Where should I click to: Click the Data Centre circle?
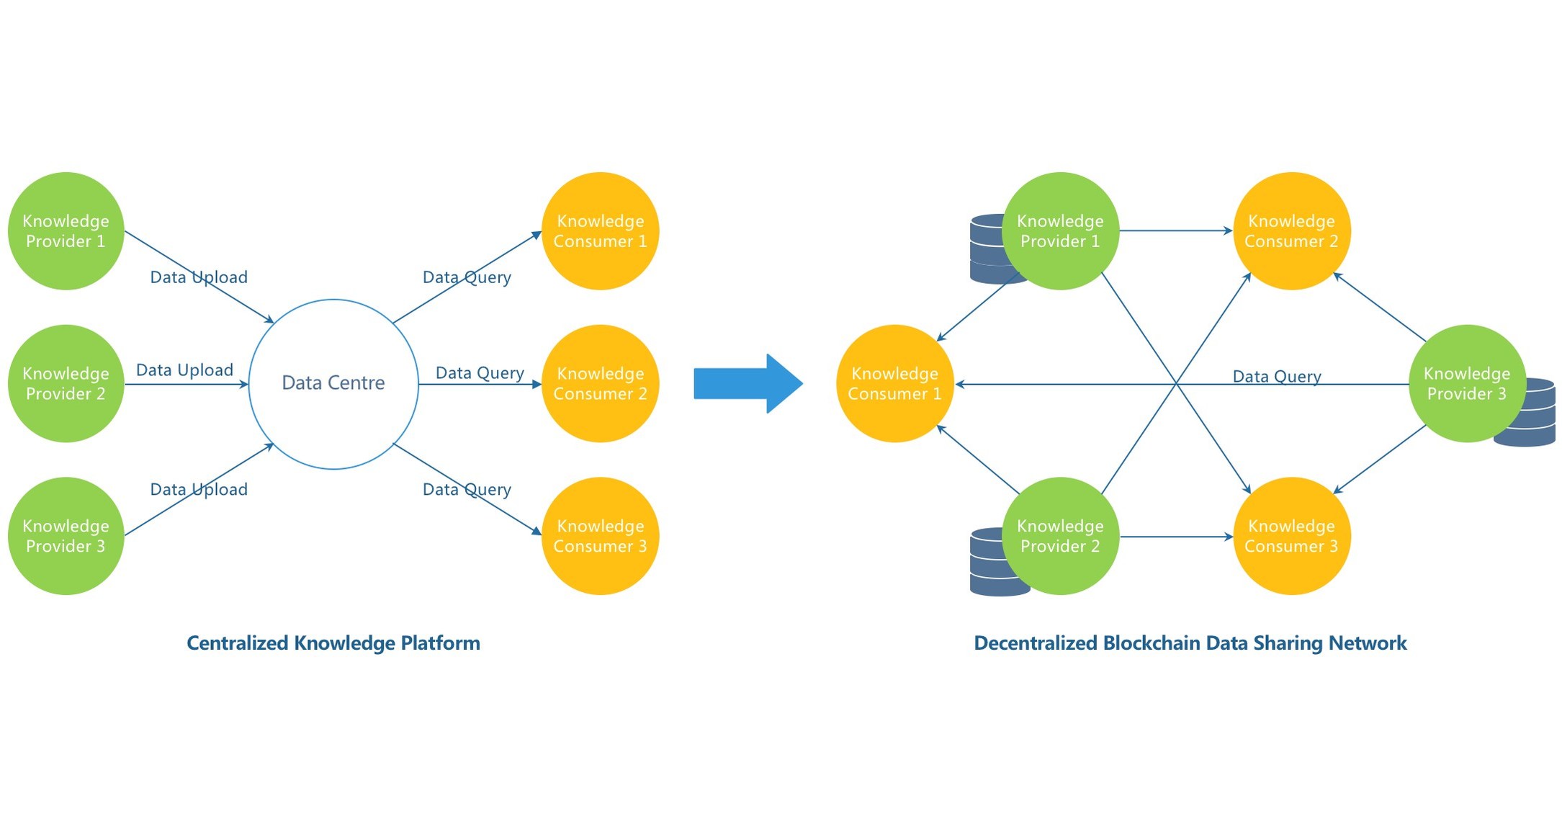pos(333,384)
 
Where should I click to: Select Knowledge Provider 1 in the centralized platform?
pos(66,231)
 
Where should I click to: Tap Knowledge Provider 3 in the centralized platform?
pos(66,536)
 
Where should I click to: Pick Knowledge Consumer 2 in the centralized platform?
pos(600,384)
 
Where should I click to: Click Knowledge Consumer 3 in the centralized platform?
pos(600,536)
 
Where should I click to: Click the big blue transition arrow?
pos(748,384)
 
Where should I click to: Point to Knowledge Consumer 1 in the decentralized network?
pos(894,384)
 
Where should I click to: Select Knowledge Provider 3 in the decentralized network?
pos(1466,384)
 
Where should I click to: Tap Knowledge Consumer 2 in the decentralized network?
pos(1291,231)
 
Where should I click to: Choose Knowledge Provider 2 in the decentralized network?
pos(1060,536)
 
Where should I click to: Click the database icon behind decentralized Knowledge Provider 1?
pos(987,249)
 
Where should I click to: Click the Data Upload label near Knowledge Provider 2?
pos(184,370)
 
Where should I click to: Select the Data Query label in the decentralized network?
pos(1277,377)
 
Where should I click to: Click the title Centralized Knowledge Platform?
pos(333,643)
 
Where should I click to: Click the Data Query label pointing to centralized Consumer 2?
pos(480,373)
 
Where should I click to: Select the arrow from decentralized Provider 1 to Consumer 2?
pos(1175,231)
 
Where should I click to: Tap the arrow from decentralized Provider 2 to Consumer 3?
pos(1175,537)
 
